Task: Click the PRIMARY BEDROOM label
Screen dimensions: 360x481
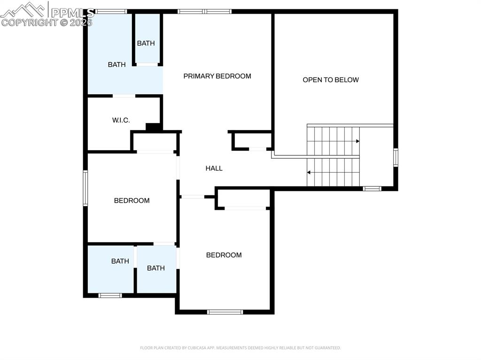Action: click(x=217, y=76)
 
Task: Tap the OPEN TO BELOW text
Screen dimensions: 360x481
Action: click(x=331, y=80)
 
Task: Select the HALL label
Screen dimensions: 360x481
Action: click(x=214, y=168)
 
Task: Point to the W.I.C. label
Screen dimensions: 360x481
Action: click(x=121, y=120)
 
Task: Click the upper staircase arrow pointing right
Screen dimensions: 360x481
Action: click(x=357, y=141)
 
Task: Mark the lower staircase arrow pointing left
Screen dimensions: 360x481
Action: click(x=309, y=172)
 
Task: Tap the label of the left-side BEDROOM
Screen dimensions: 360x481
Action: click(x=132, y=200)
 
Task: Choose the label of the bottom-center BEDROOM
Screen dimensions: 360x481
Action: click(x=224, y=255)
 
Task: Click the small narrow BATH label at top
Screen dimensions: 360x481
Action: click(x=146, y=43)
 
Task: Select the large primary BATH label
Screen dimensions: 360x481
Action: click(x=116, y=64)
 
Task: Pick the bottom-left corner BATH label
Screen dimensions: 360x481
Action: click(x=120, y=261)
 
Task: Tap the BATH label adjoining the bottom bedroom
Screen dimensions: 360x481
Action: click(x=155, y=268)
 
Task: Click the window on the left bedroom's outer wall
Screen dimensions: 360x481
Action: click(x=85, y=188)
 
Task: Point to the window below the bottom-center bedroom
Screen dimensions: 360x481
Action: click(x=225, y=312)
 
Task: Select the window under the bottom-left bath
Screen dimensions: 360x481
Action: click(x=110, y=295)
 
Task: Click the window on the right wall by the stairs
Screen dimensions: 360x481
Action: click(x=396, y=157)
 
